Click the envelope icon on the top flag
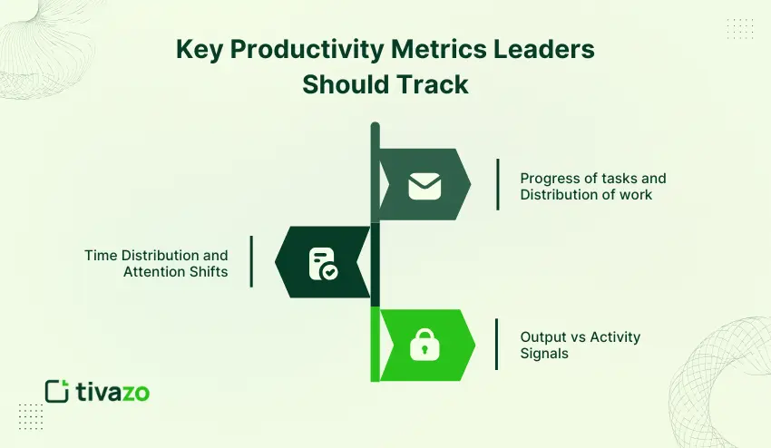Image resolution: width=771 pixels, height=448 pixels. (x=425, y=185)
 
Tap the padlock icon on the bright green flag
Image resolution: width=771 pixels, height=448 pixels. (x=424, y=345)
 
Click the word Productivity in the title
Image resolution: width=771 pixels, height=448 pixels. (x=300, y=51)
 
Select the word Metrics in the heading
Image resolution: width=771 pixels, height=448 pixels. (x=431, y=51)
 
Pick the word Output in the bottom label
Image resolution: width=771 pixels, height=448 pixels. (x=542, y=336)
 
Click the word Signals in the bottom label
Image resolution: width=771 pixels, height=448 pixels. (x=544, y=353)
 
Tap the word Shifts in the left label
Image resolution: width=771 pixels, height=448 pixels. (x=207, y=271)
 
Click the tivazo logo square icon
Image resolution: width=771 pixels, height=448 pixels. (x=57, y=391)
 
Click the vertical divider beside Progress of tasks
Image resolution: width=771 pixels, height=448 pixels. (x=497, y=185)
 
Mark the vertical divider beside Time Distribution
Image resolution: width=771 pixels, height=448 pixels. (x=251, y=262)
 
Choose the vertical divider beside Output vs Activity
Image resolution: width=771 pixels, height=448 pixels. (x=496, y=345)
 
